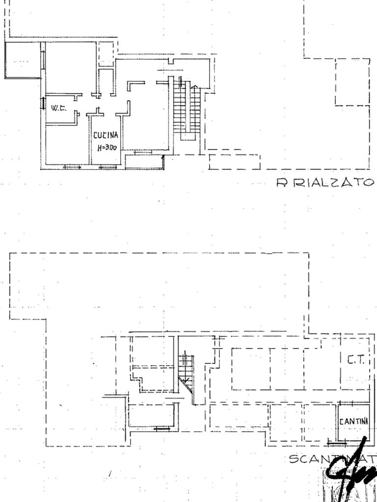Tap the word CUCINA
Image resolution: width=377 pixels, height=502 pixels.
point(106,135)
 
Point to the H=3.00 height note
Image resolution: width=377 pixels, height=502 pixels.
point(107,147)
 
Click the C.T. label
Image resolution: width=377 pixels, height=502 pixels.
point(356,360)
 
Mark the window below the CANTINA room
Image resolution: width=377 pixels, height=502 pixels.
point(337,443)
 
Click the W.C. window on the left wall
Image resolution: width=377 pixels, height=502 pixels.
point(43,104)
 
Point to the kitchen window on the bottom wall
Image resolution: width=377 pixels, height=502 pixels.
point(108,168)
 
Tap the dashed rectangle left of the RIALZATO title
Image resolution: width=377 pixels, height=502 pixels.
point(234,162)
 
